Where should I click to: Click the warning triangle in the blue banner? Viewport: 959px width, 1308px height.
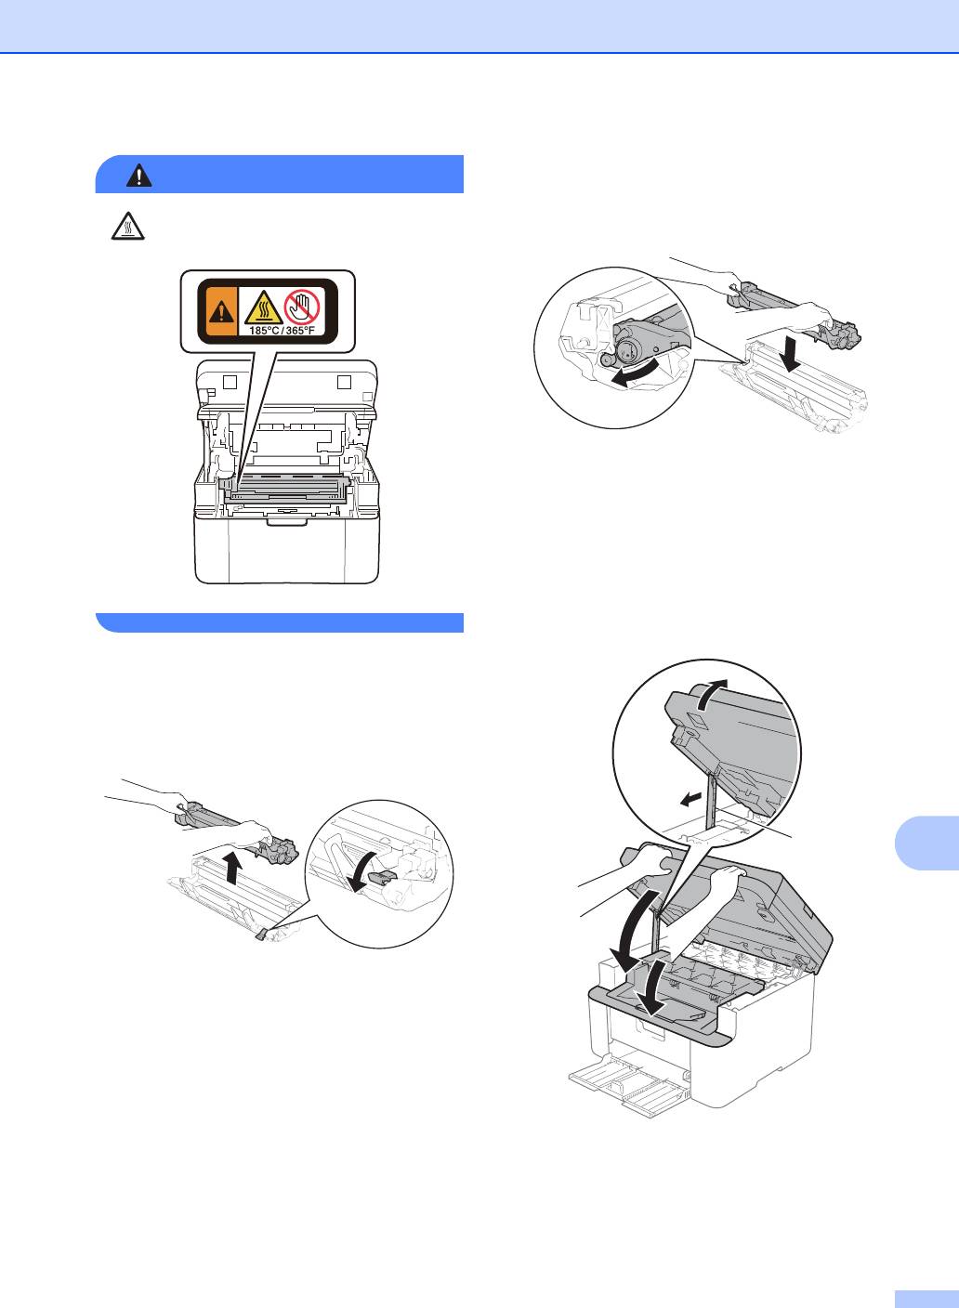139,176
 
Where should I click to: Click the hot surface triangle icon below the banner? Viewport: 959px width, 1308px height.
128,226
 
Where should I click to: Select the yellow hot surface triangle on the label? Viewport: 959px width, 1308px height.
264,307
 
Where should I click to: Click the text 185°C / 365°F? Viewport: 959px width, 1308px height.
282,331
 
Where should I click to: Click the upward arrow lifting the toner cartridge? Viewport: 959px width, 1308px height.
233,867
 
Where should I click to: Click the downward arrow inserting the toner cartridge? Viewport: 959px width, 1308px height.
794,353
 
